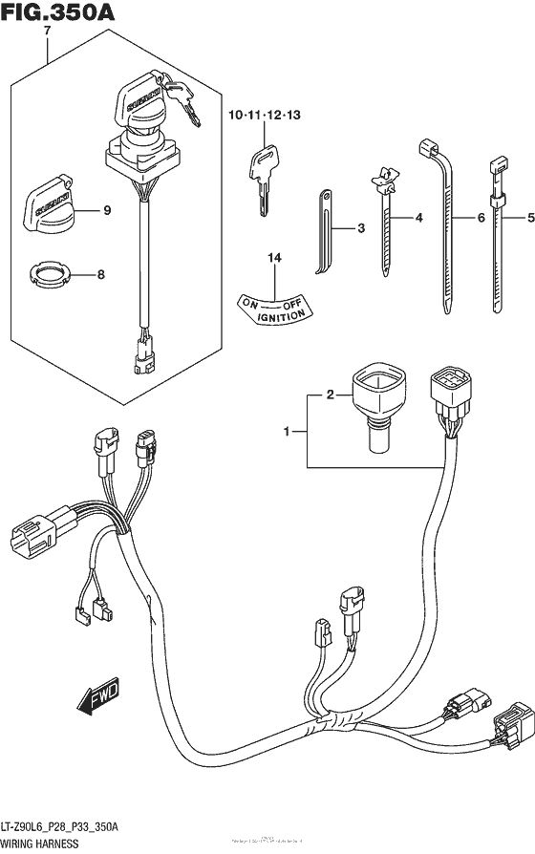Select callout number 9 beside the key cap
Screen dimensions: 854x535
[x=107, y=210]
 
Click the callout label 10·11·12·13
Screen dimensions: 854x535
[x=264, y=116]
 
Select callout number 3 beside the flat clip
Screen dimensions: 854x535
[x=361, y=228]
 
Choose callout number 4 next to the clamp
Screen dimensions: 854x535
[x=417, y=219]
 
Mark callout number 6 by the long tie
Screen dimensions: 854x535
[x=481, y=219]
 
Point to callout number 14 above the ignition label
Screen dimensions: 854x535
[x=275, y=257]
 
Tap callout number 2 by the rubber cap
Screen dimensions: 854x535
[x=330, y=393]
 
